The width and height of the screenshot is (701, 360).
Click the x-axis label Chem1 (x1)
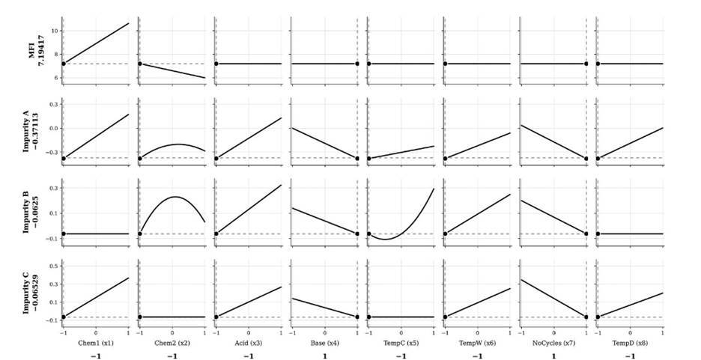tap(96, 344)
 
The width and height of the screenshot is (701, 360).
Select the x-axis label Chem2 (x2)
tap(172, 344)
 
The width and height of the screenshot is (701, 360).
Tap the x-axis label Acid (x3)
tap(249, 344)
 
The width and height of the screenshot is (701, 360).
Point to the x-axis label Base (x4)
tap(324, 344)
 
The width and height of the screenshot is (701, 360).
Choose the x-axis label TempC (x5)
tap(401, 344)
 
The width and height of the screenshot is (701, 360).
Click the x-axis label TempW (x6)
tap(478, 344)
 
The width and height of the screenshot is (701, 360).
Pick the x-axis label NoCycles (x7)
tap(554, 344)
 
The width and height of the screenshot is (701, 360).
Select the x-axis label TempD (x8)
tap(630, 344)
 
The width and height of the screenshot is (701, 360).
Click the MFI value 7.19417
tap(40, 51)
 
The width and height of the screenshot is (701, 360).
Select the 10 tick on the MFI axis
tap(55, 31)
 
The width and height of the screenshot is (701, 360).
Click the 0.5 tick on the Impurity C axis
tap(55, 266)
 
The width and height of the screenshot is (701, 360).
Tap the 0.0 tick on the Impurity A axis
tap(55, 129)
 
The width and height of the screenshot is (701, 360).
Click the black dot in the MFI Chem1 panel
tap(64, 64)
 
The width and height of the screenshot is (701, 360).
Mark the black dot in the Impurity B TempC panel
tap(368, 234)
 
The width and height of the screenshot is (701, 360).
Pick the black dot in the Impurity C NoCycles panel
tap(586, 317)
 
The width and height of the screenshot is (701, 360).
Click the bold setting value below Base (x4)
tap(324, 356)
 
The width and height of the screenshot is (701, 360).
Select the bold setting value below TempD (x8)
tap(630, 356)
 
